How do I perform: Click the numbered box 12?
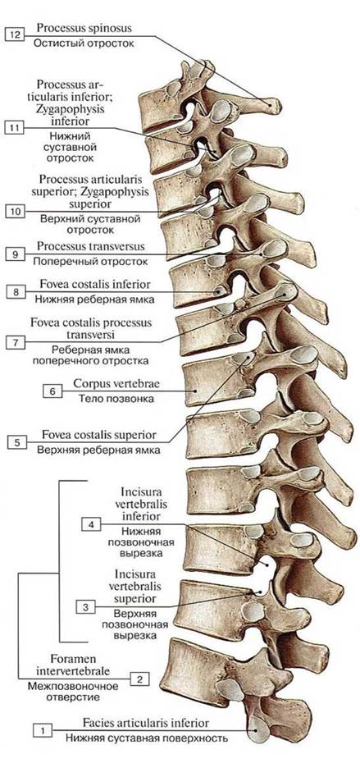tap(14, 36)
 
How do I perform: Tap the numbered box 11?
tap(14, 128)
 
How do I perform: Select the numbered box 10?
tap(15, 212)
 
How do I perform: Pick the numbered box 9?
tap(15, 254)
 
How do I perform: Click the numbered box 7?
tap(16, 342)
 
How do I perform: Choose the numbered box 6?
tap(52, 391)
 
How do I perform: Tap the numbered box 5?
tap(17, 443)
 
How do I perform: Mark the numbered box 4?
tap(91, 524)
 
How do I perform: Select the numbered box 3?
tap(86, 607)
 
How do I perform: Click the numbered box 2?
tap(139, 679)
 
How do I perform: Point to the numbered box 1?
tap(43, 731)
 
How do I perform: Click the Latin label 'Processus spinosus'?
tap(84, 29)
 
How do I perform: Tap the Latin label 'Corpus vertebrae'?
tap(116, 383)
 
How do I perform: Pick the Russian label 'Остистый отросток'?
tap(84, 43)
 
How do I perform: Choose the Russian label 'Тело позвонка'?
tap(116, 399)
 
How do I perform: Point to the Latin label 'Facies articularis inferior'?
tap(146, 723)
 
